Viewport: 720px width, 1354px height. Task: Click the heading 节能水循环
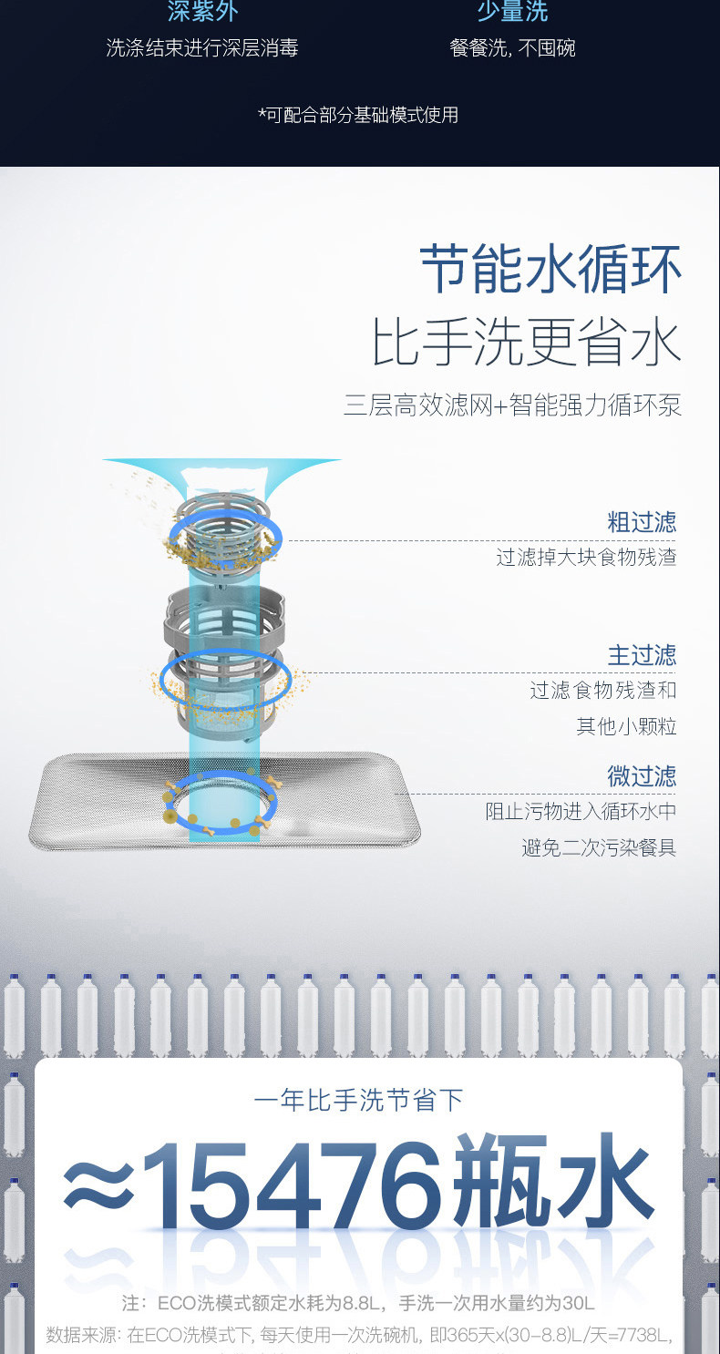pos(550,270)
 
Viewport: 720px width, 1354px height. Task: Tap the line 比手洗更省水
pos(526,344)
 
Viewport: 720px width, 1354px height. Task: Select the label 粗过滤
pos(642,522)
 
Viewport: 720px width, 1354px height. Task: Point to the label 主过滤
pos(642,655)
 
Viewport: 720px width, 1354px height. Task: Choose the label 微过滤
pos(642,776)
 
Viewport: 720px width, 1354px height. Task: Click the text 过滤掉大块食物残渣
pos(586,558)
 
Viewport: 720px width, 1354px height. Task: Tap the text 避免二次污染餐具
pos(599,848)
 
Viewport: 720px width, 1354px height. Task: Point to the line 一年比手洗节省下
pos(359,1100)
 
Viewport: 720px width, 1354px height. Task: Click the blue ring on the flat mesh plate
pos(221,802)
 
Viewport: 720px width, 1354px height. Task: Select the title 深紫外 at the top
pos(202,12)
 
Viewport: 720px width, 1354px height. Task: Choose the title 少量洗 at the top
pos(512,12)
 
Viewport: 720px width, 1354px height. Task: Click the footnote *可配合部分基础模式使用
pos(358,115)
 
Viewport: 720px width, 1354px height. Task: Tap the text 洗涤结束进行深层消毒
pos(202,48)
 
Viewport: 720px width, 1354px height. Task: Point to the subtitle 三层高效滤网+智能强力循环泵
pos(512,405)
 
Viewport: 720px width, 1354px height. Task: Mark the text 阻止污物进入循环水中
pos(581,812)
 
